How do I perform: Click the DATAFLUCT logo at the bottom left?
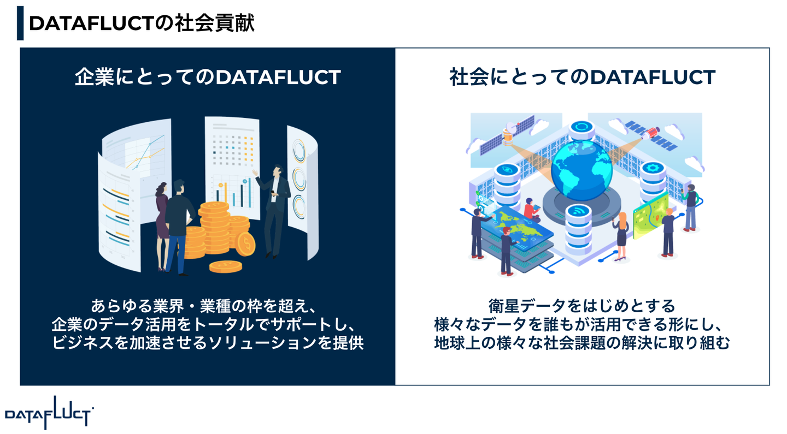pyautogui.click(x=49, y=413)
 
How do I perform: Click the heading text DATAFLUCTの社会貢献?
pyautogui.click(x=141, y=23)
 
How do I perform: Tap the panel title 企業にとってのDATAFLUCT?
pyautogui.click(x=208, y=77)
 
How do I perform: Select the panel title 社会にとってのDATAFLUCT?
pyautogui.click(x=582, y=77)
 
